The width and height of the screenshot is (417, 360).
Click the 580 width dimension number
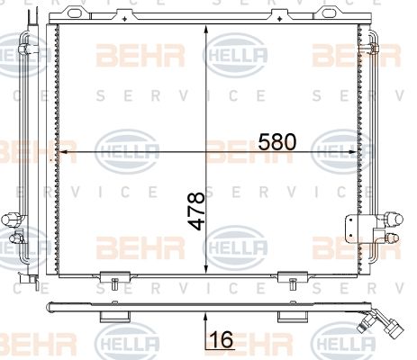pos(276,141)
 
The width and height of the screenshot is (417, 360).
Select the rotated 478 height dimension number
pos(196,211)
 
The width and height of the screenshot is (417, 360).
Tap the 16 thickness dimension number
pos(222,339)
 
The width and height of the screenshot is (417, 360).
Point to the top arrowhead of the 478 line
pos(206,30)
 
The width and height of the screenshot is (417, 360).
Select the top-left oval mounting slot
pos(75,13)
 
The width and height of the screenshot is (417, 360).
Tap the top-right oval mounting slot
pos(329,13)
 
